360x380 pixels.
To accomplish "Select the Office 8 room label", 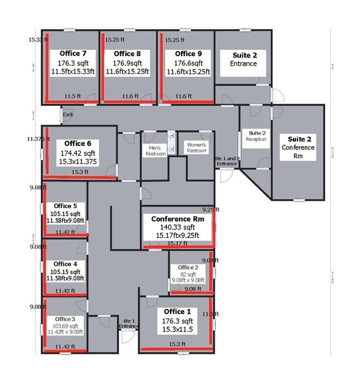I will coord(127,54).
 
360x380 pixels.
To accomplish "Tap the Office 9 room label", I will coord(188,54).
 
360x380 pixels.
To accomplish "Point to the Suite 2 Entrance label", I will coord(242,59).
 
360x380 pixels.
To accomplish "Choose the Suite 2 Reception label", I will coord(256,136).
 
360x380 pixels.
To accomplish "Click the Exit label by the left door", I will coord(67,114).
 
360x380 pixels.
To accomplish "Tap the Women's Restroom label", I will coord(197,147).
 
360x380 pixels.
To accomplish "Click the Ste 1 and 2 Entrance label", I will coord(227,161).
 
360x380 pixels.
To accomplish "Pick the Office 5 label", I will coord(66,206).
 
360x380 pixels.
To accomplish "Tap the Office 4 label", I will coord(66,264).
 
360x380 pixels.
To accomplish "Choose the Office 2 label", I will coord(188,267).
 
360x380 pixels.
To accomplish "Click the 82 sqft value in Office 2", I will coord(188,274).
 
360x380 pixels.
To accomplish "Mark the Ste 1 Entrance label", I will coord(129,323).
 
